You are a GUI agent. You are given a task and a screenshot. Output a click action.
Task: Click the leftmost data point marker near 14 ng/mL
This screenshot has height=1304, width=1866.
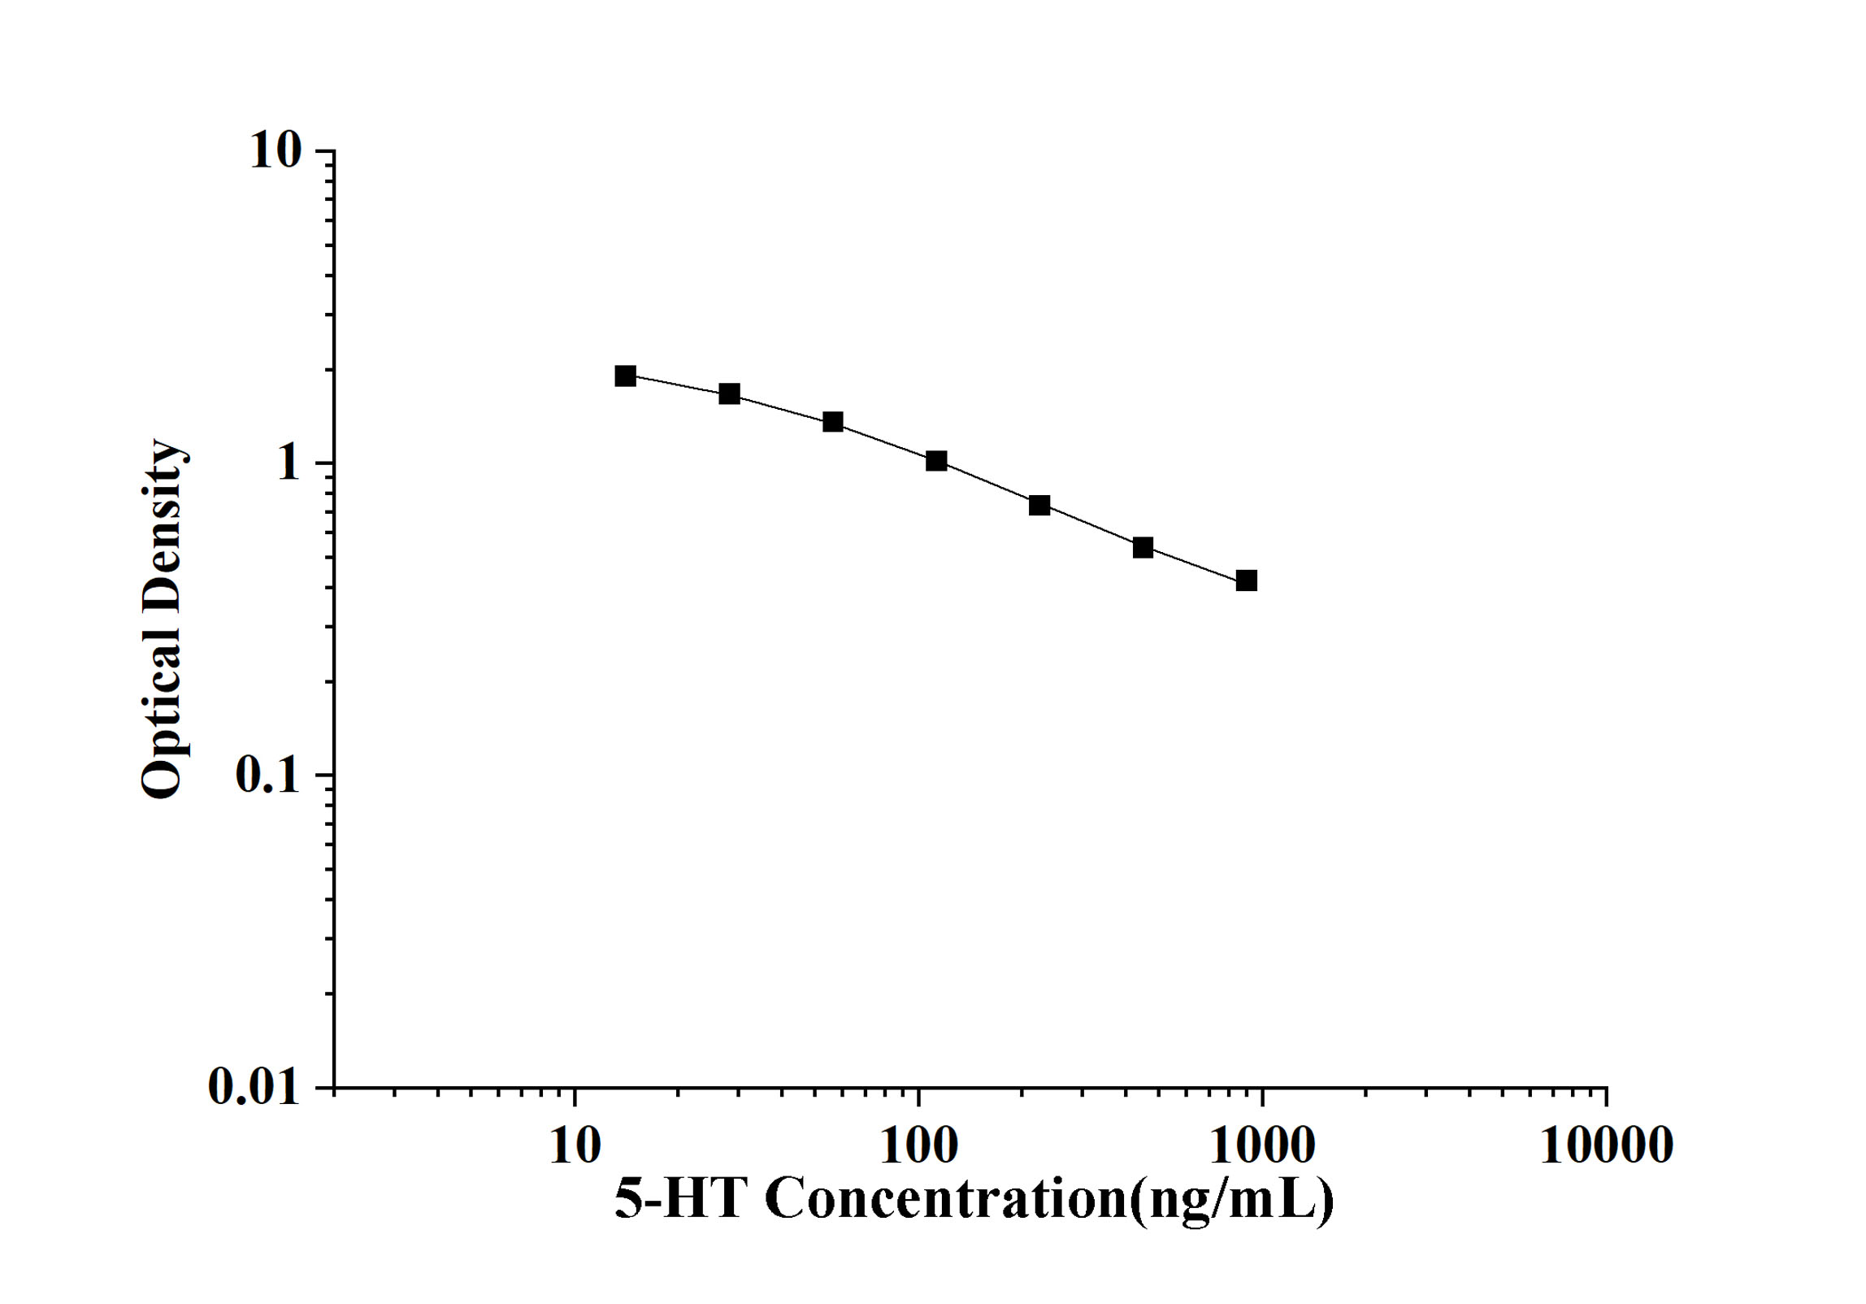pos(625,376)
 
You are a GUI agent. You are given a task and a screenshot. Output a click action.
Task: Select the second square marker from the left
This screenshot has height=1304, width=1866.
pos(729,394)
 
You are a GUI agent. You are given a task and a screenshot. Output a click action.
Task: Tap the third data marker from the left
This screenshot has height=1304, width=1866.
pos(833,422)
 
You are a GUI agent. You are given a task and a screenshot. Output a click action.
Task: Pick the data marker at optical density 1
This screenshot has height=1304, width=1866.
pos(936,461)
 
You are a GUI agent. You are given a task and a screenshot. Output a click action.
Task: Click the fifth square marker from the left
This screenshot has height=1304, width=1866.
pos(1039,505)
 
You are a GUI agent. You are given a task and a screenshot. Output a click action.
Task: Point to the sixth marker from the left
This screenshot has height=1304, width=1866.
pos(1143,547)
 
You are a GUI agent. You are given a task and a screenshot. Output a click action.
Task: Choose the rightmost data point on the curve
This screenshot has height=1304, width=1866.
pos(1246,580)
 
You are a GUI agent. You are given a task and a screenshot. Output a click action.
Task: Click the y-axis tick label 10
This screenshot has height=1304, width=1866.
pos(276,150)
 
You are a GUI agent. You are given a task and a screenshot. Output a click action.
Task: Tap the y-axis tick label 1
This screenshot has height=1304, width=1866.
pos(289,463)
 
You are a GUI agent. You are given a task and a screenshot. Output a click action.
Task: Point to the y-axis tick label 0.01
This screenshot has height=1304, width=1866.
pos(254,1087)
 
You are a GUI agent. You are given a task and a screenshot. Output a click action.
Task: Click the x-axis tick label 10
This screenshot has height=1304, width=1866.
pos(575,1146)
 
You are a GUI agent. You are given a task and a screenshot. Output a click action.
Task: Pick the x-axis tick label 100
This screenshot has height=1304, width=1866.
pos(919,1146)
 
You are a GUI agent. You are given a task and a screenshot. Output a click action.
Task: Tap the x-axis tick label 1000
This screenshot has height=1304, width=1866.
pos(1262,1146)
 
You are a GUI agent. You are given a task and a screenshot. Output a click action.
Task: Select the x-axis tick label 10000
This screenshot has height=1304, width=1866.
pos(1606,1146)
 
